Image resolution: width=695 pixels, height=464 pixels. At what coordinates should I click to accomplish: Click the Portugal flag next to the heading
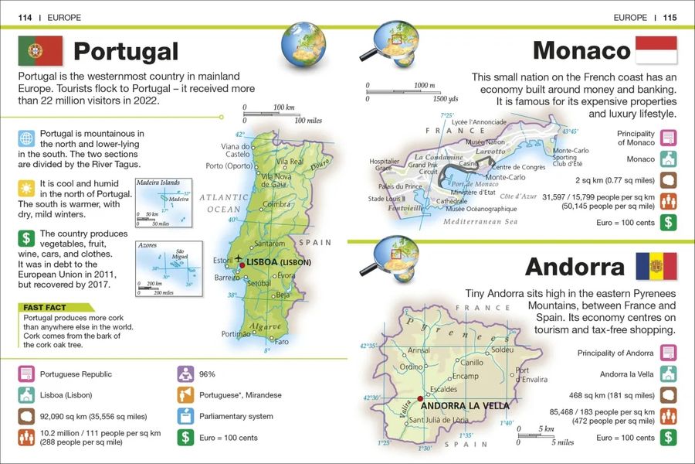tap(39, 51)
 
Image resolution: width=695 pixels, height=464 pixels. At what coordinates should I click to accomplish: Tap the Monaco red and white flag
tap(655, 50)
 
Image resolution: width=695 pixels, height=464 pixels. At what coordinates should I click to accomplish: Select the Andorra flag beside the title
tap(655, 266)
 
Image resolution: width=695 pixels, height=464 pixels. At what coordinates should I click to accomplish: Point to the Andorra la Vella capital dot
tap(419, 399)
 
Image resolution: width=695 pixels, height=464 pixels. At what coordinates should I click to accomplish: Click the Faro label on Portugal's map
tap(282, 341)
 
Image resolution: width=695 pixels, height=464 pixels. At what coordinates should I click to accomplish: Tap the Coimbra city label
tap(276, 205)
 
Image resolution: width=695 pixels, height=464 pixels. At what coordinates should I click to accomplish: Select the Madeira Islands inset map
tap(162, 200)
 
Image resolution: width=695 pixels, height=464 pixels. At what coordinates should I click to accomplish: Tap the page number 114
tap(27, 16)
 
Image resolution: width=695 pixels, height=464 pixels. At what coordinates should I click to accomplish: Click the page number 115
tap(669, 16)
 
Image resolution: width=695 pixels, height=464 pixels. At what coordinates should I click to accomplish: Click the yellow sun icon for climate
tap(27, 186)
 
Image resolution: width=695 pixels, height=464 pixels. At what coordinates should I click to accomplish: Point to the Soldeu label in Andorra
tap(502, 350)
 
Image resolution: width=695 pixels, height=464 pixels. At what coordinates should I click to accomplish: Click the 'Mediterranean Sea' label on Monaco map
tap(484, 221)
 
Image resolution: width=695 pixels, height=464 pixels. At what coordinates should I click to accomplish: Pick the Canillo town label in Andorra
tap(472, 362)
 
